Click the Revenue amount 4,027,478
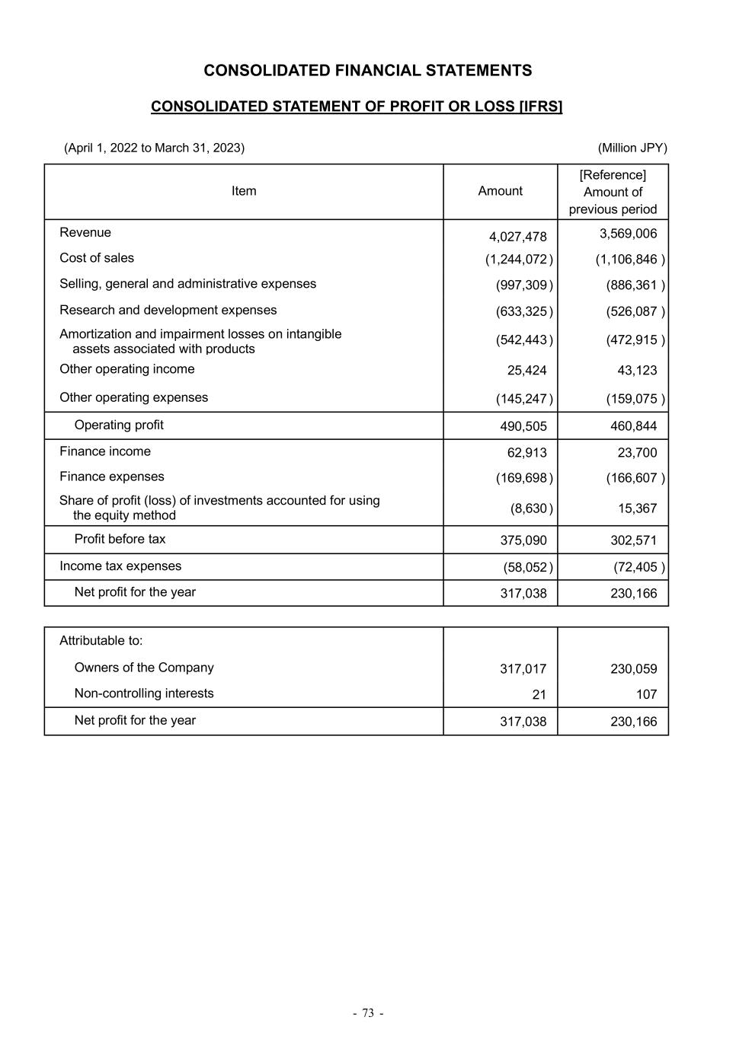pyautogui.click(x=517, y=237)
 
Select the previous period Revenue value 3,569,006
pyautogui.click(x=628, y=234)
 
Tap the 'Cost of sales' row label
pyautogui.click(x=97, y=258)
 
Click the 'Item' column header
pyautogui.click(x=244, y=191)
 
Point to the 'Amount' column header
pyautogui.click(x=500, y=191)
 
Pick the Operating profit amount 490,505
pyautogui.click(x=523, y=426)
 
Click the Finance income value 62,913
pyautogui.click(x=526, y=453)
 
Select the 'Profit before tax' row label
pyautogui.click(x=120, y=539)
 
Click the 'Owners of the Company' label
pyautogui.click(x=144, y=668)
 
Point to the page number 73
pyautogui.click(x=368, y=1013)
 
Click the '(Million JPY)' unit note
pyautogui.click(x=632, y=148)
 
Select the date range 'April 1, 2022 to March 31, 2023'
pyautogui.click(x=155, y=148)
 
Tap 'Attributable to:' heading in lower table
pyautogui.click(x=101, y=640)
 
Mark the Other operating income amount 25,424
pyautogui.click(x=526, y=371)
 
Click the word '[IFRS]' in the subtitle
pyautogui.click(x=540, y=107)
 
